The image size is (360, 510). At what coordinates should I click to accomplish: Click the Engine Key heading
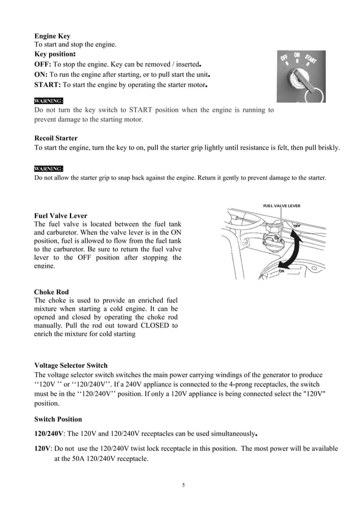coord(52,36)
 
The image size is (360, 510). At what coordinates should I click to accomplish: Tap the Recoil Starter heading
coord(56,138)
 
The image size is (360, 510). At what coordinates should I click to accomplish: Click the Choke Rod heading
coord(51,292)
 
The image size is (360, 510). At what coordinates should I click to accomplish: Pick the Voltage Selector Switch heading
coord(71,365)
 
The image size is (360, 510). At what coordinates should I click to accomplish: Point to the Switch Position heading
coord(58,419)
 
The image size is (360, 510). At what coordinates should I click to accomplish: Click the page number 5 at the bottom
coord(184,485)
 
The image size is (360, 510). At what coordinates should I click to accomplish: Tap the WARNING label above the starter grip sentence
coord(49,168)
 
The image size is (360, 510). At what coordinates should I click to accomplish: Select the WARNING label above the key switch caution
coord(49,101)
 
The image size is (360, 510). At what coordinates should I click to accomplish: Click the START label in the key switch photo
coord(311,59)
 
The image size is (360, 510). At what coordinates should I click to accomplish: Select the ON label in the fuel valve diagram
coord(282,271)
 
